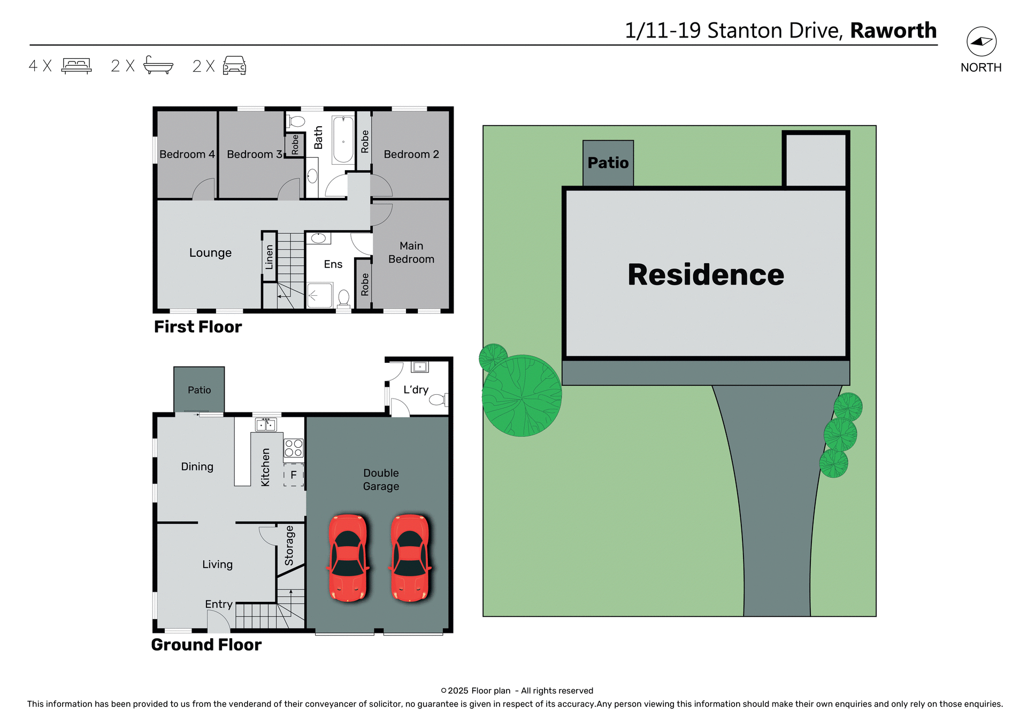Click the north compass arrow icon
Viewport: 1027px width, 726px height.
tap(981, 41)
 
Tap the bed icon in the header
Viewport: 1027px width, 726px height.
tap(76, 65)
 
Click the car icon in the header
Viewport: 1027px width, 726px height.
tap(234, 65)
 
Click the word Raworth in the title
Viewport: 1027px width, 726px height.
tap(893, 30)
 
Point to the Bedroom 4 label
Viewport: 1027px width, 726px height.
tap(187, 154)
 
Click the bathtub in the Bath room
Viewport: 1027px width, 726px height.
tap(343, 139)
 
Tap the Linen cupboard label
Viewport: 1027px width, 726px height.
tap(269, 257)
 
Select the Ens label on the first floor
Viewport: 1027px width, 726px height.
tap(333, 264)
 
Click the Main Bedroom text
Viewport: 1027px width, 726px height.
tap(411, 253)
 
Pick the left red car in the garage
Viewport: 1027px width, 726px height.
tap(348, 557)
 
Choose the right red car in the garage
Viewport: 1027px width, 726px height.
tap(410, 557)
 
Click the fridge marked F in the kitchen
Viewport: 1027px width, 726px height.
tap(293, 475)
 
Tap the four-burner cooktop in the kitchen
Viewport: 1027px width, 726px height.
tap(293, 448)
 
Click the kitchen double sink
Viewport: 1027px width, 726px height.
tap(266, 425)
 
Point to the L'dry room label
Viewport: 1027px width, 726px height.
tap(416, 389)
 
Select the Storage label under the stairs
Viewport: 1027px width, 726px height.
tap(289, 545)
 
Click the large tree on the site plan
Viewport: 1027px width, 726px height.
tap(522, 395)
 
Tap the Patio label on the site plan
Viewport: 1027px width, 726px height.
tap(608, 163)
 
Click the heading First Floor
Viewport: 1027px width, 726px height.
tap(197, 326)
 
